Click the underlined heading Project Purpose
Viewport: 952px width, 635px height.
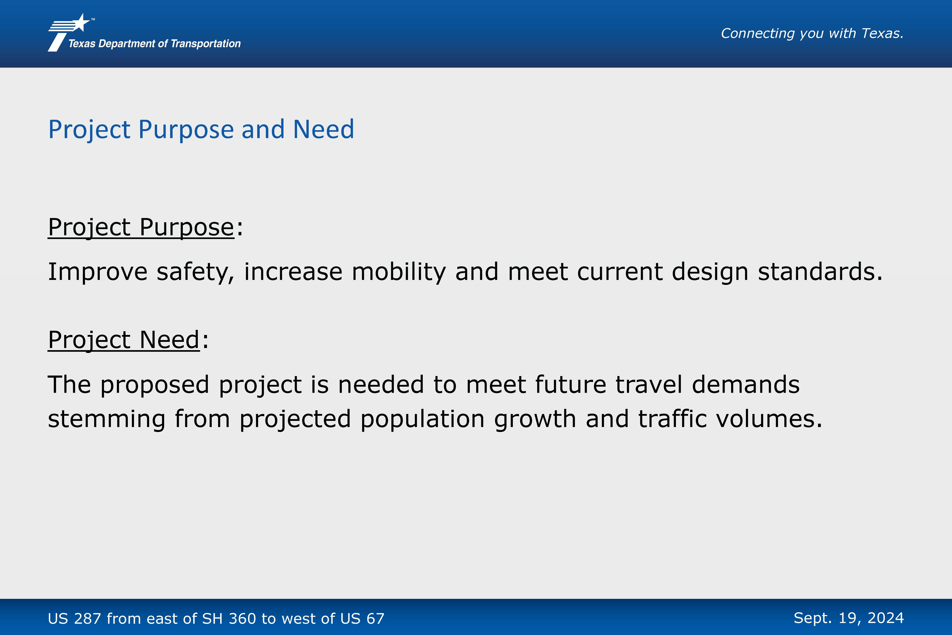coord(141,227)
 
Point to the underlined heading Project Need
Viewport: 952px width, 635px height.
coord(124,340)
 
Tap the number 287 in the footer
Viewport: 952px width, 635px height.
coord(87,618)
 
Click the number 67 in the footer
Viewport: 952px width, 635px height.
coord(375,618)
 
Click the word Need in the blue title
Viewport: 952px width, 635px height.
coord(323,130)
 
